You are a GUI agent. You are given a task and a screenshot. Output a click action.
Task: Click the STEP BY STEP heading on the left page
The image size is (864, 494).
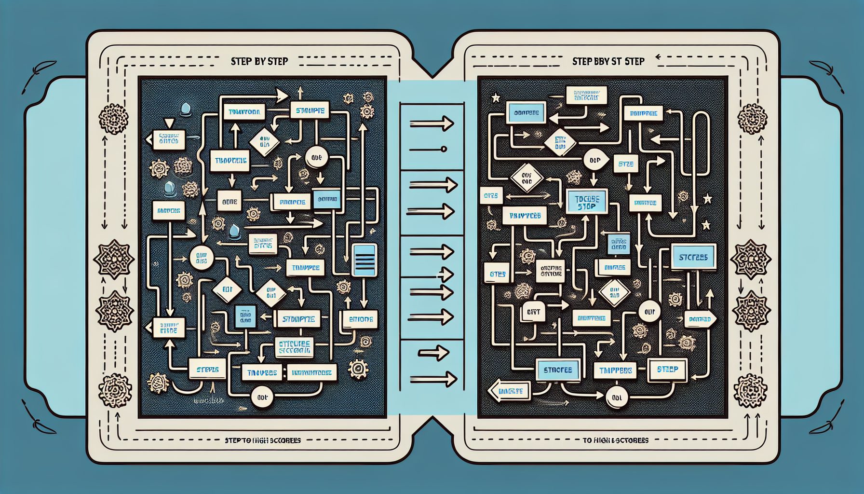[x=259, y=61]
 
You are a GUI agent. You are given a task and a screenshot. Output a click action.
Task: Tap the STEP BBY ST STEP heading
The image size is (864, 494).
[x=608, y=61]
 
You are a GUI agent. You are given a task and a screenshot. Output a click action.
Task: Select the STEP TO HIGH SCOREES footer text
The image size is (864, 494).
[x=263, y=440]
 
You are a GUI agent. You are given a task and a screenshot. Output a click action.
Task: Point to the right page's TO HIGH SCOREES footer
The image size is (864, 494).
[x=616, y=440]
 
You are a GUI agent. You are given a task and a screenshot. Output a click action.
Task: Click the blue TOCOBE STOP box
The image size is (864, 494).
[x=586, y=202]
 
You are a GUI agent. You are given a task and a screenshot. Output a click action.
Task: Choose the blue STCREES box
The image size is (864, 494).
[x=693, y=257]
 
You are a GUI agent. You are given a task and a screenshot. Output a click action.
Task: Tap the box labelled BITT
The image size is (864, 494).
[x=534, y=313]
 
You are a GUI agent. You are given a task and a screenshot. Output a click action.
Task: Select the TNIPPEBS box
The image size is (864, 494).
[x=615, y=370]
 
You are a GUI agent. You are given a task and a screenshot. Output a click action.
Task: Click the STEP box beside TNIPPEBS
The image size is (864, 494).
[x=667, y=370]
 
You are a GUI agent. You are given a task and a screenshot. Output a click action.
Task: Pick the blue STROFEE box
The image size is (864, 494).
[x=557, y=370]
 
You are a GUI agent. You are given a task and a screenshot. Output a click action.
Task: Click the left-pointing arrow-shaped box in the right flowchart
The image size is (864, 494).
[x=509, y=391]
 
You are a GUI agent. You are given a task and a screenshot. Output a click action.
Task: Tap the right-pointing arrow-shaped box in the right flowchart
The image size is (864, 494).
[x=701, y=319]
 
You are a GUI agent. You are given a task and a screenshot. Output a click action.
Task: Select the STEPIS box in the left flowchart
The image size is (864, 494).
[x=208, y=370]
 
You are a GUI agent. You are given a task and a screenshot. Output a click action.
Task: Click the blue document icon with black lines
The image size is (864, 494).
[x=364, y=260]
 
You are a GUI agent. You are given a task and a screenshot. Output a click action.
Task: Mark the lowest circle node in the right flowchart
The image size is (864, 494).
[x=616, y=398]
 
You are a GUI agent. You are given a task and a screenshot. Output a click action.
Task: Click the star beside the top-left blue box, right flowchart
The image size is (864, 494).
[x=495, y=98]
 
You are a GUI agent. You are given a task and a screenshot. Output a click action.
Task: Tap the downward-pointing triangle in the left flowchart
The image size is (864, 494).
[x=168, y=123]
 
